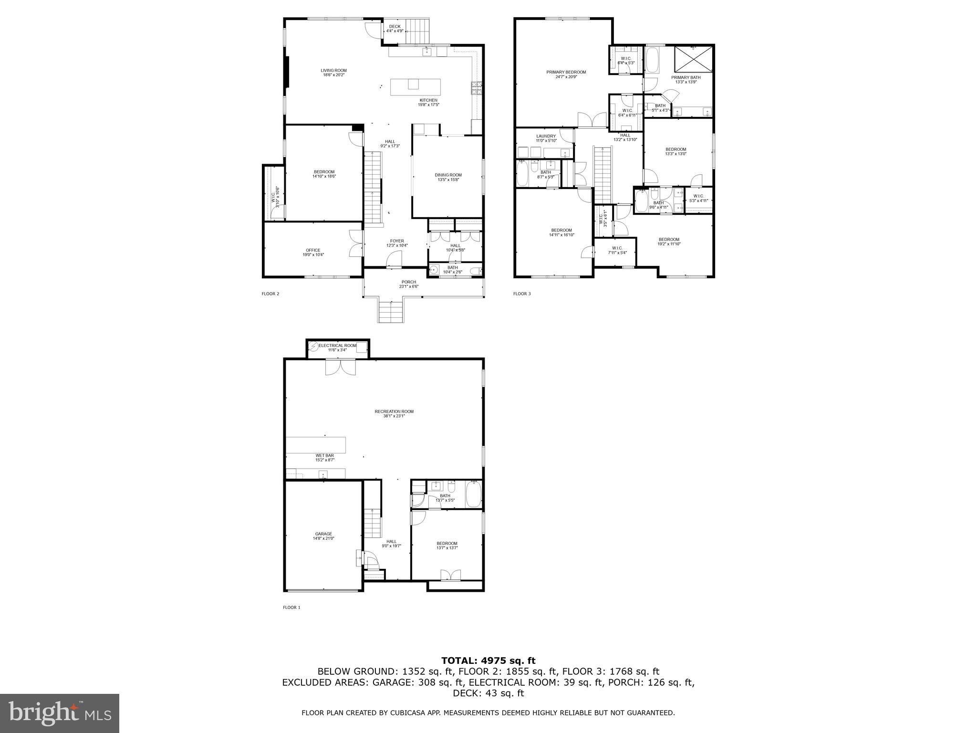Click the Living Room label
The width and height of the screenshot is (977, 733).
[x=333, y=71]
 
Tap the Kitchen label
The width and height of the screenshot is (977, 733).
[x=428, y=100]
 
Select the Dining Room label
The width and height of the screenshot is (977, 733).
[x=448, y=175]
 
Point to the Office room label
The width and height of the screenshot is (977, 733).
[x=313, y=251]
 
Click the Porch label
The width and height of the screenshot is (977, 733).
[x=409, y=282]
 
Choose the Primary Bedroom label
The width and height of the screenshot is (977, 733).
[x=566, y=73]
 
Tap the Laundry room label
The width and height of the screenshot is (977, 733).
[x=546, y=136]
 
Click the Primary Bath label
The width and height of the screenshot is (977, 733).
[x=686, y=78]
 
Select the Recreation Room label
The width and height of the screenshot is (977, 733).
[x=394, y=411]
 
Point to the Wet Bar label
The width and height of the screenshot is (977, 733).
[x=324, y=456]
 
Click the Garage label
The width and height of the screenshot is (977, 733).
[x=323, y=534]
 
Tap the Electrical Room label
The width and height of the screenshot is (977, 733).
[x=337, y=346]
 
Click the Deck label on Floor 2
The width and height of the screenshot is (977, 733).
[x=395, y=27]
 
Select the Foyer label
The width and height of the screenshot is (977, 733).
[x=397, y=241]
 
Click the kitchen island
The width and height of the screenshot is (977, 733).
[x=416, y=87]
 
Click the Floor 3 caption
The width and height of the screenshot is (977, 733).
[x=521, y=294]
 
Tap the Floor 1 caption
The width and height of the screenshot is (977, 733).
[x=291, y=607]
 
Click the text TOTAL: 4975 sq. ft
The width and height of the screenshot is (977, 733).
[x=488, y=661]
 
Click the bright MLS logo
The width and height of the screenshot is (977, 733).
[x=60, y=713]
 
